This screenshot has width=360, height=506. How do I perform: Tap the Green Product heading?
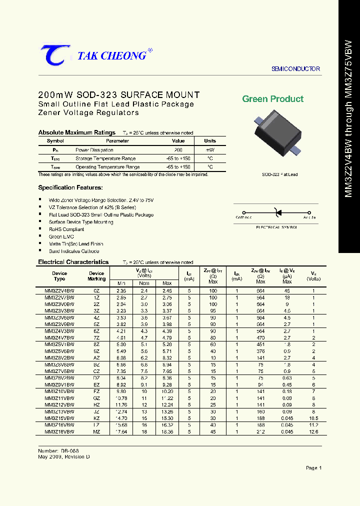[x=272, y=99]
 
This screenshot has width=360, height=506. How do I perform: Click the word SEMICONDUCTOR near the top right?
[x=295, y=69]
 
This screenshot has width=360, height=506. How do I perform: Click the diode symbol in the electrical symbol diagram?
[x=277, y=212]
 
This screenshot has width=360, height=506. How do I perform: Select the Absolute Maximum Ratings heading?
[x=77, y=132]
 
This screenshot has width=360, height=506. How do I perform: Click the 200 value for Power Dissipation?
[x=178, y=150]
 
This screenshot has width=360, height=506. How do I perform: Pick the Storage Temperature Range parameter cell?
[x=107, y=158]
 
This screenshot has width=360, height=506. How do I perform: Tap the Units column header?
[x=210, y=141]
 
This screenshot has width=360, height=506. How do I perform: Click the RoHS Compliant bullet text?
[x=66, y=229]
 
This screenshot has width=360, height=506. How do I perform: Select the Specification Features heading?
[x=70, y=187]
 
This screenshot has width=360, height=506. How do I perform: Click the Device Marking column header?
[x=96, y=276]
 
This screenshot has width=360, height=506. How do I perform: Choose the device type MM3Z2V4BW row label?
[x=59, y=290]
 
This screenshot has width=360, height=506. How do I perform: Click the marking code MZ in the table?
[x=96, y=431]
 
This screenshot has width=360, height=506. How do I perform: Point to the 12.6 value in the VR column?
[x=313, y=431]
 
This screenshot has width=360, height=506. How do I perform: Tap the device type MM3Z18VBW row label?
[x=59, y=431]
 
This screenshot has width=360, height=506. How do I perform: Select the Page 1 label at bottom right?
[x=313, y=468]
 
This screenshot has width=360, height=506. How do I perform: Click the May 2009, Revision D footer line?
[x=64, y=457]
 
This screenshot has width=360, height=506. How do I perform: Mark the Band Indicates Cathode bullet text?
[x=74, y=251]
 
